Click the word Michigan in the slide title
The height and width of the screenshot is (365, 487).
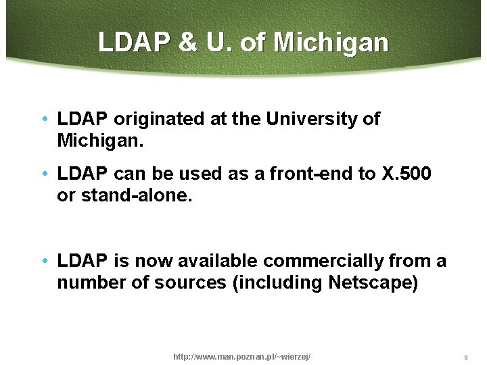click(331, 43)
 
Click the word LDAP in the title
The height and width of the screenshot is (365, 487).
click(135, 43)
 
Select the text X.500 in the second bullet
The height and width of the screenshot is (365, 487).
click(406, 174)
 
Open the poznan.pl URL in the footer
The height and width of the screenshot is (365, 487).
click(242, 356)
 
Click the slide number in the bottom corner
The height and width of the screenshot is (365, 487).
click(466, 357)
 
